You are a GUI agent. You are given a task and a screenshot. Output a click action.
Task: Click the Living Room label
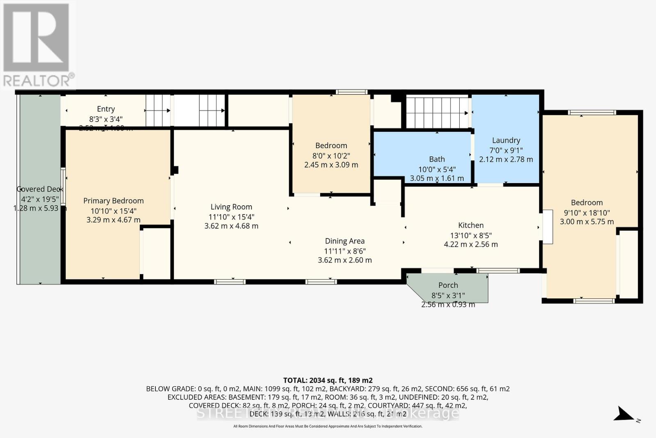click(x=231, y=207)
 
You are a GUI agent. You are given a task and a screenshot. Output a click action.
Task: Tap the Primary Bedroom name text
click(x=114, y=201)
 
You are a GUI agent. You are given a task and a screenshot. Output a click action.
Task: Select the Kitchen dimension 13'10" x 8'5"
click(x=471, y=235)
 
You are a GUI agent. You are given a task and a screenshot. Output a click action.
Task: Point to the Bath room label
click(x=437, y=159)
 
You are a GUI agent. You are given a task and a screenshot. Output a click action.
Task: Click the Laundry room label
click(x=506, y=140)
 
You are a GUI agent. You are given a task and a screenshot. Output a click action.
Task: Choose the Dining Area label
click(x=344, y=241)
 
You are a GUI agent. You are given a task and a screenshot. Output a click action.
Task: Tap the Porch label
click(x=448, y=285)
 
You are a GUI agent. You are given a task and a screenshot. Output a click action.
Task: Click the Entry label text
click(x=106, y=109)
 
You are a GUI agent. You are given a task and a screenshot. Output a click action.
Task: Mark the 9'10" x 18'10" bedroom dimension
click(x=587, y=213)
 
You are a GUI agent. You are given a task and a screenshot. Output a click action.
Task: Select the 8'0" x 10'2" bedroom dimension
click(x=331, y=156)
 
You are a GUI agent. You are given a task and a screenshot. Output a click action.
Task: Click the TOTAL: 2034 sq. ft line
click(x=328, y=380)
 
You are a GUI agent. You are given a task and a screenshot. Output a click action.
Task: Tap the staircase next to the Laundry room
click(x=437, y=112)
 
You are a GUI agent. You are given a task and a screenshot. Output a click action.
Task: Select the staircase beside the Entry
click(x=158, y=110)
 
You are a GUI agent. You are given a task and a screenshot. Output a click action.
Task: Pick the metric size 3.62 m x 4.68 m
click(x=231, y=226)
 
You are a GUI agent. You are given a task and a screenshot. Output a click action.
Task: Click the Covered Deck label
click(x=39, y=189)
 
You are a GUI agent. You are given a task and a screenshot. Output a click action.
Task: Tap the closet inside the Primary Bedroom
click(x=156, y=253)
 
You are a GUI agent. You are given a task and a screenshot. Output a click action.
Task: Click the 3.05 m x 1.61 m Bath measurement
click(x=437, y=178)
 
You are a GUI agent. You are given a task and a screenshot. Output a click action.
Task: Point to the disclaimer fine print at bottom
click(x=328, y=426)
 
